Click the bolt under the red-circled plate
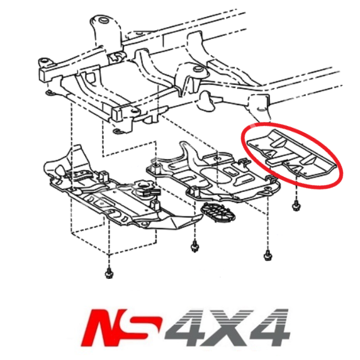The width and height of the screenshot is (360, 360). click(x=295, y=204)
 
